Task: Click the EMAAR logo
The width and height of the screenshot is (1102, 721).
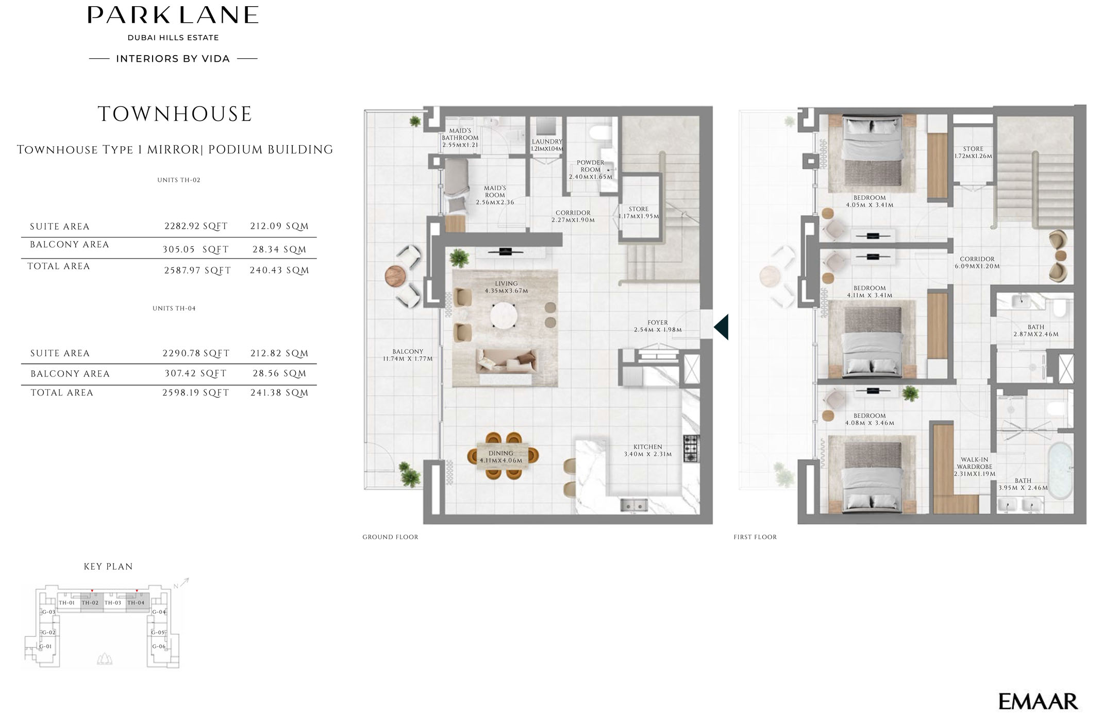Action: tap(1038, 701)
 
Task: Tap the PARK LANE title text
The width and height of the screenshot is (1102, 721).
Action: tap(173, 15)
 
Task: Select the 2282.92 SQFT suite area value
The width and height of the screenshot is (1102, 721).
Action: tap(196, 226)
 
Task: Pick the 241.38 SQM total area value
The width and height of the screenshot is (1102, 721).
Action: tap(279, 392)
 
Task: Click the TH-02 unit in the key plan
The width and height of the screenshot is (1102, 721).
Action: tap(90, 603)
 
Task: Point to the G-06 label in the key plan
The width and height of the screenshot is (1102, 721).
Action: tap(159, 646)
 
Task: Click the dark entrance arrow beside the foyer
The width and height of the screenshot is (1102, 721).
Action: tap(721, 327)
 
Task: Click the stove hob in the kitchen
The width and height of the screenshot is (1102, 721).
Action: tap(692, 449)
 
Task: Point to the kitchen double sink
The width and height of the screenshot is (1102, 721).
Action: tap(634, 506)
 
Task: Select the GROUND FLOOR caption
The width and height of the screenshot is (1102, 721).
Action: tap(390, 537)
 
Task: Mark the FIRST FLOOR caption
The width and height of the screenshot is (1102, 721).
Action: tap(755, 537)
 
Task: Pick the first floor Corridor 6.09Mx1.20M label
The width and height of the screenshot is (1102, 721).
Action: tap(977, 263)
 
